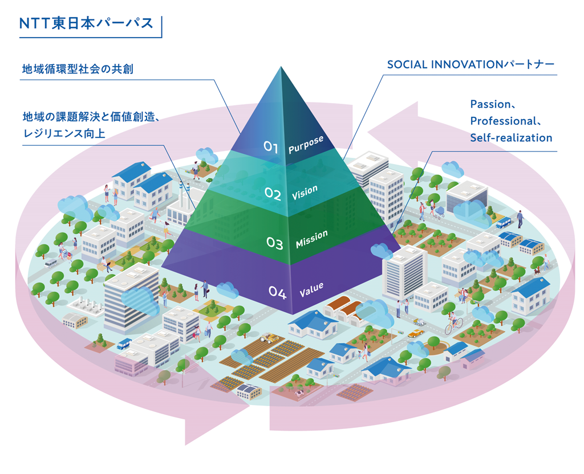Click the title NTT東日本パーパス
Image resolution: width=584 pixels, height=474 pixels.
pyautogui.click(x=86, y=23)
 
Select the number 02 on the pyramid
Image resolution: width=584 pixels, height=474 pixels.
pyautogui.click(x=273, y=195)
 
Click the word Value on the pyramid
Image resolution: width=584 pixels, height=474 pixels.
pyautogui.click(x=311, y=290)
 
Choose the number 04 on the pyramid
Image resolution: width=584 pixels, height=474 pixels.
pyautogui.click(x=277, y=293)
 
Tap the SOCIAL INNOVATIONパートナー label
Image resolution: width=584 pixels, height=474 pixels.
pyautogui.click(x=471, y=65)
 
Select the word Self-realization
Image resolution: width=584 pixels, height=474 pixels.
pyautogui.click(x=511, y=138)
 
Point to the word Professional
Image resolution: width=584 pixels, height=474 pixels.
pyautogui.click(x=501, y=121)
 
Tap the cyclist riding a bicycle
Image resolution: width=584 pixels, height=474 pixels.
pyautogui.click(x=454, y=323)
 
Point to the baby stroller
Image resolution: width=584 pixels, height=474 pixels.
pyautogui.click(x=439, y=212)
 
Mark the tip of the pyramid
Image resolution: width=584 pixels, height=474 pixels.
pyautogui.click(x=281, y=68)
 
